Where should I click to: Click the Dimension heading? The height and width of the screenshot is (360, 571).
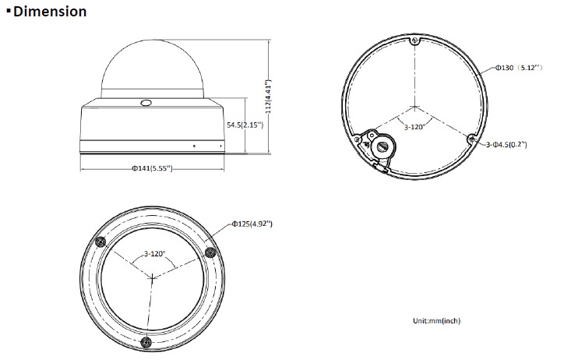50,11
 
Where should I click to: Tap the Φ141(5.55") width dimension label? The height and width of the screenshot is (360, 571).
152,168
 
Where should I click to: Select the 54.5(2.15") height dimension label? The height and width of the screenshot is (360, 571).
245,125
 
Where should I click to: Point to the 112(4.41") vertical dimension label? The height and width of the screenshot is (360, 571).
268,97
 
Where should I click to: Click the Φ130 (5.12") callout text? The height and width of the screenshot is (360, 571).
519,68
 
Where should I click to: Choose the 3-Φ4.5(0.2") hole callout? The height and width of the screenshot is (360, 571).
506,144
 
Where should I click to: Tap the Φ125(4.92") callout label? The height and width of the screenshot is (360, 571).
252,224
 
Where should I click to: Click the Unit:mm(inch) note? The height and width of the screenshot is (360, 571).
437,320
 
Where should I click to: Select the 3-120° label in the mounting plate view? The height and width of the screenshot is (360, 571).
414,127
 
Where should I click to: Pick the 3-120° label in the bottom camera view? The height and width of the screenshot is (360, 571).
154,253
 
